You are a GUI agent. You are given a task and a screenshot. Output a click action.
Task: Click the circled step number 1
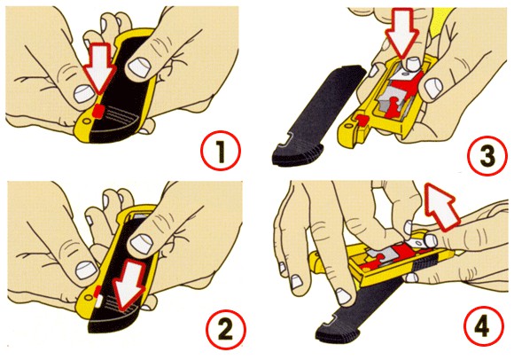[221, 151]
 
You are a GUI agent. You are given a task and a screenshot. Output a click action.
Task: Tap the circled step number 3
[487, 156]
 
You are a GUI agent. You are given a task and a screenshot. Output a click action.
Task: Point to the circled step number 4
[483, 325]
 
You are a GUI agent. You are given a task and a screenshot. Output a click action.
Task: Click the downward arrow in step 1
[99, 67]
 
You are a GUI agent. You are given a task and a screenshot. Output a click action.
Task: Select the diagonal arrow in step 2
[129, 284]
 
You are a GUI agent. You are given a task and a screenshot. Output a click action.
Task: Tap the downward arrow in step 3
[401, 33]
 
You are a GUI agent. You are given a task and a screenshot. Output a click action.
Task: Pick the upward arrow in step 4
[441, 206]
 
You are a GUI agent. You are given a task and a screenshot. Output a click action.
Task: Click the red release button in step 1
[98, 111]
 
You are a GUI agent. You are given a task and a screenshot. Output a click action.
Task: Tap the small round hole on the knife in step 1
[86, 121]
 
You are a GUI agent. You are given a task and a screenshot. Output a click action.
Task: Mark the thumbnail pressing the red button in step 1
[84, 94]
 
